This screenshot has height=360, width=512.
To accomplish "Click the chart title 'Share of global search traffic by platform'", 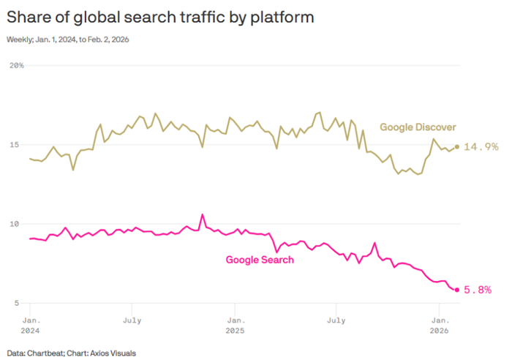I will [x=160, y=18].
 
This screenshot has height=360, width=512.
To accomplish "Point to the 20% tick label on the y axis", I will [x=16, y=66].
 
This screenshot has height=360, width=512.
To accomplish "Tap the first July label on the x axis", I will [x=132, y=320].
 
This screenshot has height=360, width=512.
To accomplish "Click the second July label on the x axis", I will [x=336, y=320].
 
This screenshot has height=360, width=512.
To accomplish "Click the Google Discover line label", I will [x=418, y=127].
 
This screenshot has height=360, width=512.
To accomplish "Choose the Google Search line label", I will [x=260, y=260].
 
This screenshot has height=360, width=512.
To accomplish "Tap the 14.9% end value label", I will [x=482, y=147].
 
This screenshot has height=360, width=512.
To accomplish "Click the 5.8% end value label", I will [x=481, y=290].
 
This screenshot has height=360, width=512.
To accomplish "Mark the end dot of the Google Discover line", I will [x=457, y=146].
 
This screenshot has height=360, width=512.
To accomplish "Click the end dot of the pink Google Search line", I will [x=457, y=290].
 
